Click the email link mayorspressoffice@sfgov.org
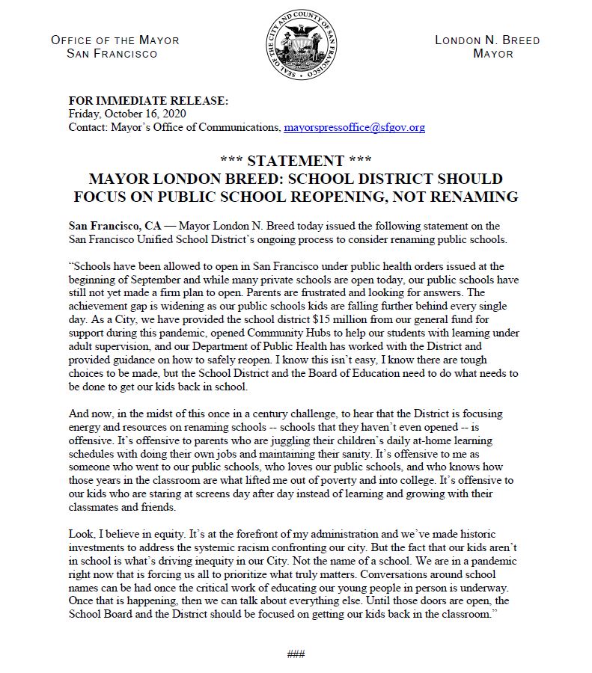tap(354, 128)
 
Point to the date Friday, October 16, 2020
tap(126, 114)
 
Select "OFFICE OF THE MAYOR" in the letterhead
tap(115, 40)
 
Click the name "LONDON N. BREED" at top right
tap(487, 40)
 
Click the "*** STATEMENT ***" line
tap(296, 162)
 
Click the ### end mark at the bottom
tap(296, 654)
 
